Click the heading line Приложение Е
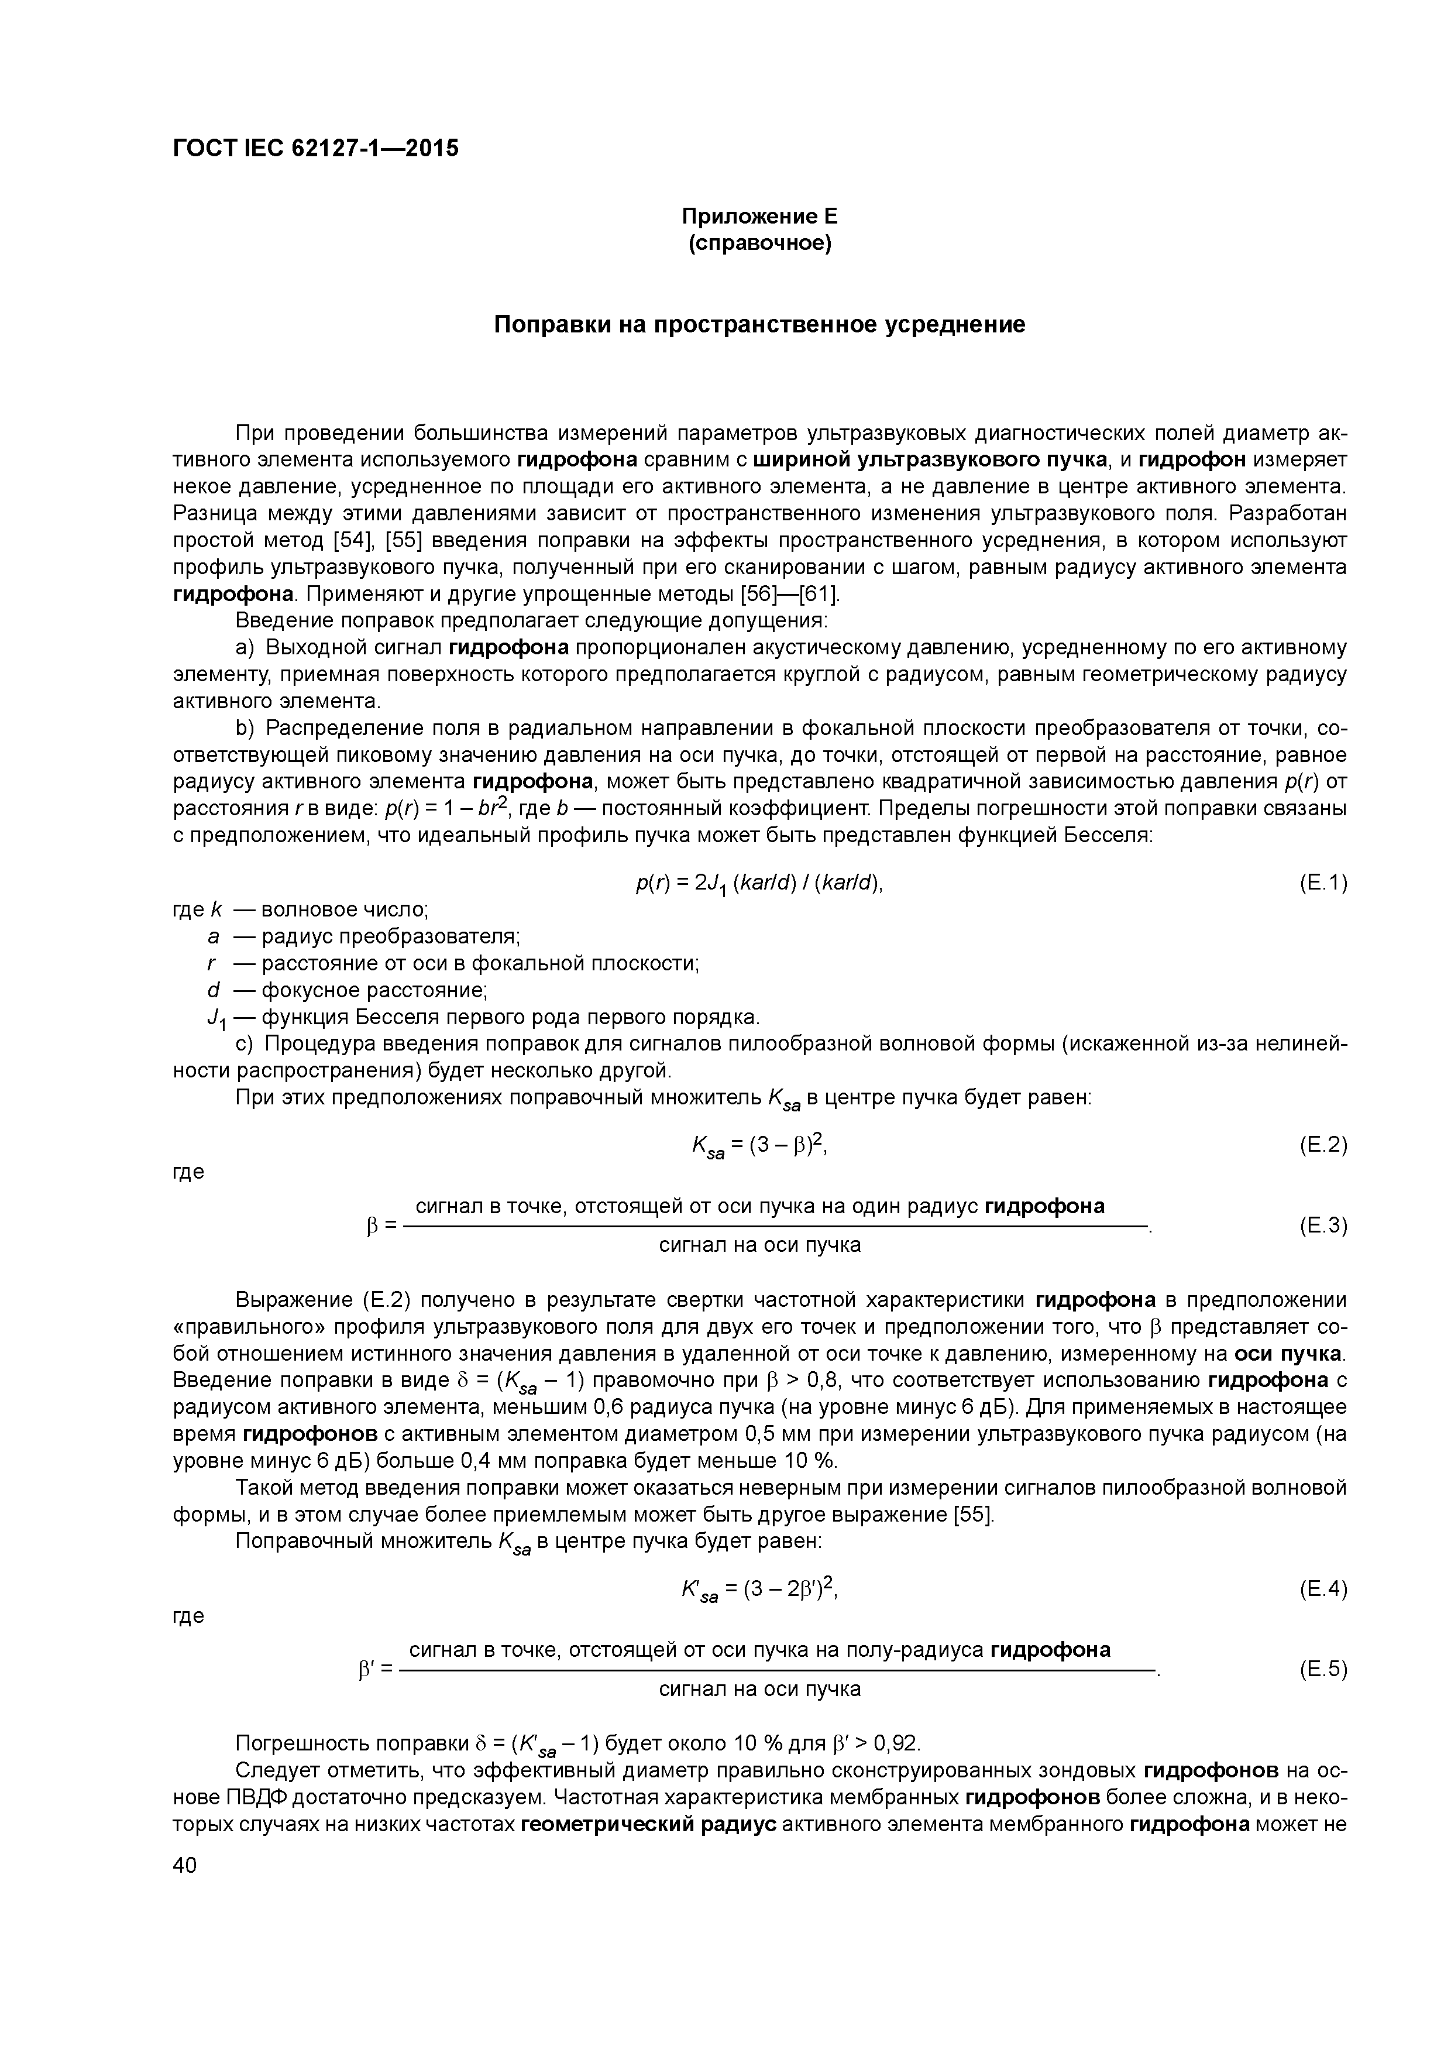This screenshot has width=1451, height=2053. (x=760, y=217)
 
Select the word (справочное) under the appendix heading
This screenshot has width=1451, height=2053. (x=760, y=243)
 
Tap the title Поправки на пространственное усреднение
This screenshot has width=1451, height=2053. (x=760, y=325)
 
